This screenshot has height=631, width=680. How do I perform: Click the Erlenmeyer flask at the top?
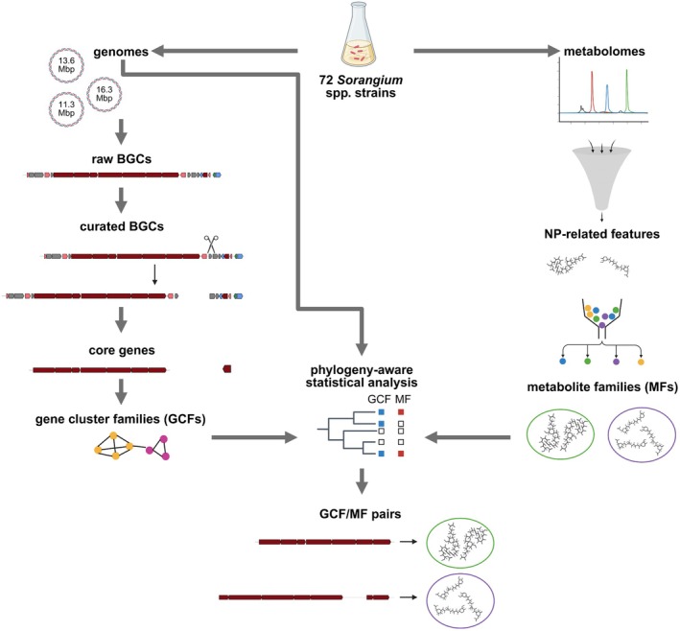click(358, 39)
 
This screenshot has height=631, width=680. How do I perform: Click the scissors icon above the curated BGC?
click(211, 244)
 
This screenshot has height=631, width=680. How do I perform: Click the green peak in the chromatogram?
click(626, 90)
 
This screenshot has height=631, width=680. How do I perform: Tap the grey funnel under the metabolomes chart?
click(601, 177)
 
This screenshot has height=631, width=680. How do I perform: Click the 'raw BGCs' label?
click(122, 159)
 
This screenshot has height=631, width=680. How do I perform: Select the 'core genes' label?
click(122, 350)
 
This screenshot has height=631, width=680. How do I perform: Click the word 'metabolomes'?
click(604, 51)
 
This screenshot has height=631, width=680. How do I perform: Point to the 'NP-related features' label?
click(601, 234)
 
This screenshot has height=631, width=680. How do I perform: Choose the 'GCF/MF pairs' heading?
click(360, 514)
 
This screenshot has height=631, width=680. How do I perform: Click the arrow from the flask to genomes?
click(224, 51)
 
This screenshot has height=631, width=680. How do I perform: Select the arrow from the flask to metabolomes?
click(486, 51)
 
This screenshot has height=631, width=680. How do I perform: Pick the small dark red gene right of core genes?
click(226, 369)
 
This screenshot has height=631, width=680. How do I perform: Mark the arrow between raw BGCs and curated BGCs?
click(122, 200)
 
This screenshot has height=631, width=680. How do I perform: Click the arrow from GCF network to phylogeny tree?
click(254, 437)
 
